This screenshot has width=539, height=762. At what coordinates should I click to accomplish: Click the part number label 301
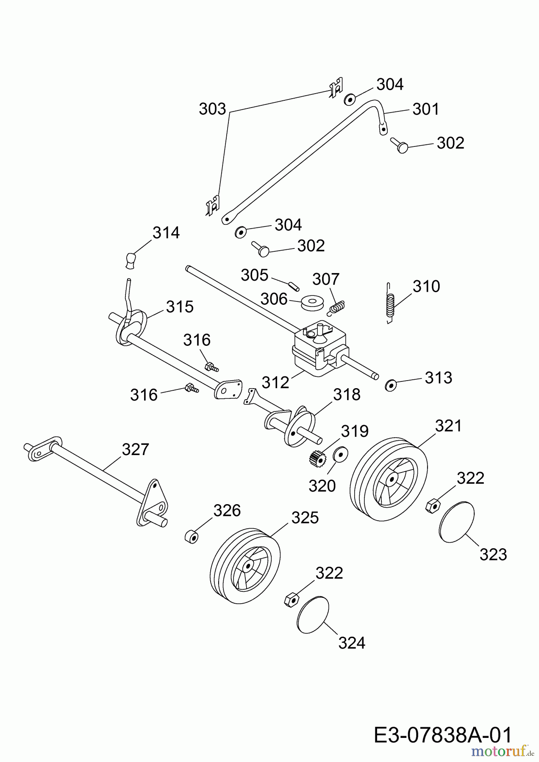pyautogui.click(x=426, y=109)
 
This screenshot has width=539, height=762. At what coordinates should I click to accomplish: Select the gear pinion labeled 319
pyautogui.click(x=314, y=458)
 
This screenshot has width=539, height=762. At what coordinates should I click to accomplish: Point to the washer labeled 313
pyautogui.click(x=390, y=385)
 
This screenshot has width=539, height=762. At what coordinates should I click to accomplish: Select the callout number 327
pyautogui.click(x=135, y=449)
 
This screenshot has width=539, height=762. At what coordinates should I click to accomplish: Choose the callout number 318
pyautogui.click(x=347, y=395)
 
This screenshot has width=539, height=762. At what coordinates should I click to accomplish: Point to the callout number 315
pyautogui.click(x=180, y=306)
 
